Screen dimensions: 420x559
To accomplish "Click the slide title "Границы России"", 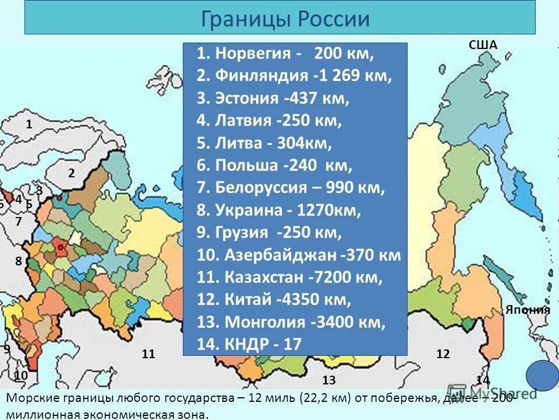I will pyautogui.click(x=285, y=19).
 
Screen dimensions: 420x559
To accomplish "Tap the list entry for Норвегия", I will pyautogui.click(x=285, y=54).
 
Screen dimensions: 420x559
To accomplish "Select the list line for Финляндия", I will pyautogui.click(x=294, y=76).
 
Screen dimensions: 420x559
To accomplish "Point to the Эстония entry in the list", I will pyautogui.click(x=273, y=98).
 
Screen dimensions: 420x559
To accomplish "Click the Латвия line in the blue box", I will pyautogui.click(x=269, y=121).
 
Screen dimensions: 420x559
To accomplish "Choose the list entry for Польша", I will pyautogui.click(x=274, y=166).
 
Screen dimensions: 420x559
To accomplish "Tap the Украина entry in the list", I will pyautogui.click(x=279, y=210).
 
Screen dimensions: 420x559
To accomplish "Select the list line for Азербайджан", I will pyautogui.click(x=299, y=255).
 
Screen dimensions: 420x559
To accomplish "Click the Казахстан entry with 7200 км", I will pyautogui.click(x=289, y=278).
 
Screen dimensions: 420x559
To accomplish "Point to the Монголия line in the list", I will pyautogui.click(x=291, y=322).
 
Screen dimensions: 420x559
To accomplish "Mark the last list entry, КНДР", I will pyautogui.click(x=249, y=344).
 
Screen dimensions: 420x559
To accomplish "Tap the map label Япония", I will pyautogui.click(x=528, y=310).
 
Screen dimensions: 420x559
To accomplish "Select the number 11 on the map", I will pyautogui.click(x=148, y=354).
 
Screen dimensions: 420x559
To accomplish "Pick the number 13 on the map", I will pyautogui.click(x=329, y=381).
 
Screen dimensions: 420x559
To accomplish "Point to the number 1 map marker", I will pyautogui.click(x=29, y=124).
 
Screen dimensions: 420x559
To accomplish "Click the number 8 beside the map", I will pyautogui.click(x=19, y=261).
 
